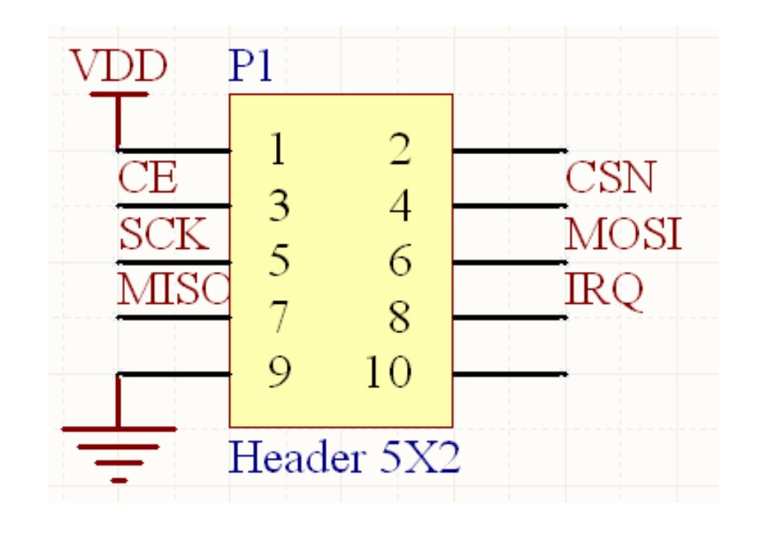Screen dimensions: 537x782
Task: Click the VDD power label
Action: coord(119,67)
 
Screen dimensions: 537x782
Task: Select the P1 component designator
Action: coord(251,67)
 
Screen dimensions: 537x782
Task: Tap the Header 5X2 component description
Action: coord(345,457)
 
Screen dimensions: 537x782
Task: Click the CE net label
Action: coord(148,179)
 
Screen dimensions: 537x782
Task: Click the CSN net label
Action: coord(610,178)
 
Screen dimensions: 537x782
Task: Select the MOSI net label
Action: coord(624,235)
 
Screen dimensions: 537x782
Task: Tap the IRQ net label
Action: coord(603,290)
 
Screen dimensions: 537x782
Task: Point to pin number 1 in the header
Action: coord(277,150)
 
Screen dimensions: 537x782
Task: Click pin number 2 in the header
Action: coord(400,150)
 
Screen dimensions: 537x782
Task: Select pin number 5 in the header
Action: coord(278,261)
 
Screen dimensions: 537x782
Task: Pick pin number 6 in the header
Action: coord(400,261)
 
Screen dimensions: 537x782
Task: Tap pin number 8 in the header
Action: coord(400,317)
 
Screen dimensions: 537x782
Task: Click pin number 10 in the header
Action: coord(389,372)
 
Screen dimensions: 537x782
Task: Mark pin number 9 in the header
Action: coord(278,372)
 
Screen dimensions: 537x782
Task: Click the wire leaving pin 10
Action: coord(510,374)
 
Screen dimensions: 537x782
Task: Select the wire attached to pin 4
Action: coord(510,206)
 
